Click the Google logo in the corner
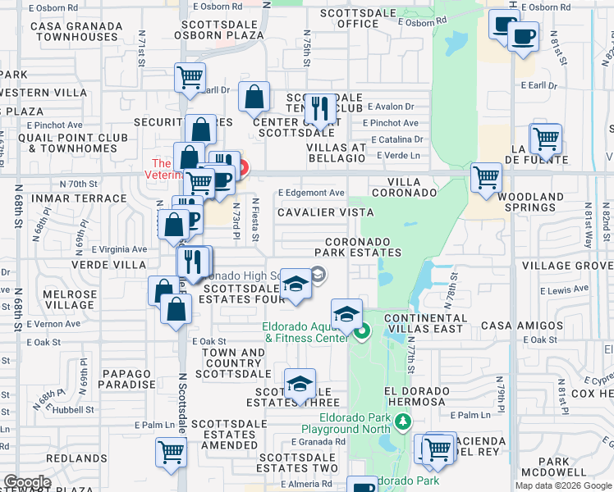[x=28, y=482]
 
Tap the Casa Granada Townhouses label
[x=75, y=31]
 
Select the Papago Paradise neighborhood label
[x=128, y=378]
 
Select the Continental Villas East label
[x=424, y=323]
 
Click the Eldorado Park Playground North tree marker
[x=402, y=422]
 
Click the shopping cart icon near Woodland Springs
[x=487, y=176]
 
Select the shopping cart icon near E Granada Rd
[x=172, y=451]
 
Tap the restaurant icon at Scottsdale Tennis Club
[x=319, y=108]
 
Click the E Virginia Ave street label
[x=119, y=249]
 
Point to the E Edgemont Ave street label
[x=311, y=193]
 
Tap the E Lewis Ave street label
[x=564, y=290]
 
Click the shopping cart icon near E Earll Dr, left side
[x=190, y=79]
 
